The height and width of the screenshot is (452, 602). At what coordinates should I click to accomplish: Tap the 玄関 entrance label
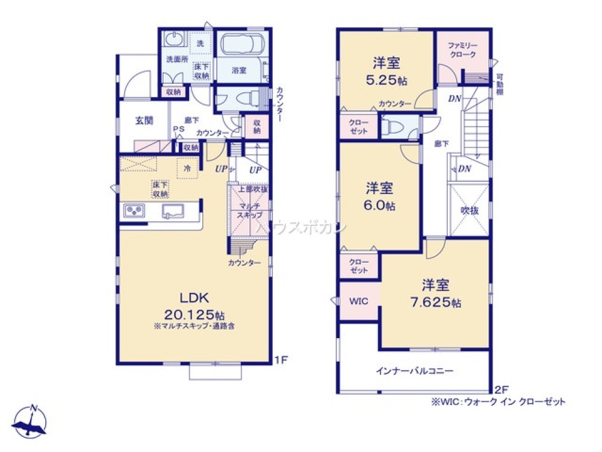point(144,120)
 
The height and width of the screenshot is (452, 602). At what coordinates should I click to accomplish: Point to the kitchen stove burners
point(134,210)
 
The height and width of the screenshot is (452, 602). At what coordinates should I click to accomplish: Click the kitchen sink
point(174,210)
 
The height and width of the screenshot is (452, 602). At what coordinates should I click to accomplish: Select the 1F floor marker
point(281,360)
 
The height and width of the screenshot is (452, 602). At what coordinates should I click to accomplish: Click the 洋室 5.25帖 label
point(386,71)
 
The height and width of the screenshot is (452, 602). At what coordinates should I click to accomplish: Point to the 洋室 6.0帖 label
point(379,196)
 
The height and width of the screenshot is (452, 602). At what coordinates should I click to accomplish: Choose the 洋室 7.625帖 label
point(435,293)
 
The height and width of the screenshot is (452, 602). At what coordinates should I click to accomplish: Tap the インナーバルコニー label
point(415,371)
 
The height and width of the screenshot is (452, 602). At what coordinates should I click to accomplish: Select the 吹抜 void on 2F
point(469,210)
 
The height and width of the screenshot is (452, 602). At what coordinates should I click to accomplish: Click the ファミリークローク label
point(462,50)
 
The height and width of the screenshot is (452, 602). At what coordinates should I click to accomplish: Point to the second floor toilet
point(394,127)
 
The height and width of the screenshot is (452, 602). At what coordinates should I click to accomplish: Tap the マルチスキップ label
point(249,209)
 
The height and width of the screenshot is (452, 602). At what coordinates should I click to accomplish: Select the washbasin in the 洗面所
point(174,42)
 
